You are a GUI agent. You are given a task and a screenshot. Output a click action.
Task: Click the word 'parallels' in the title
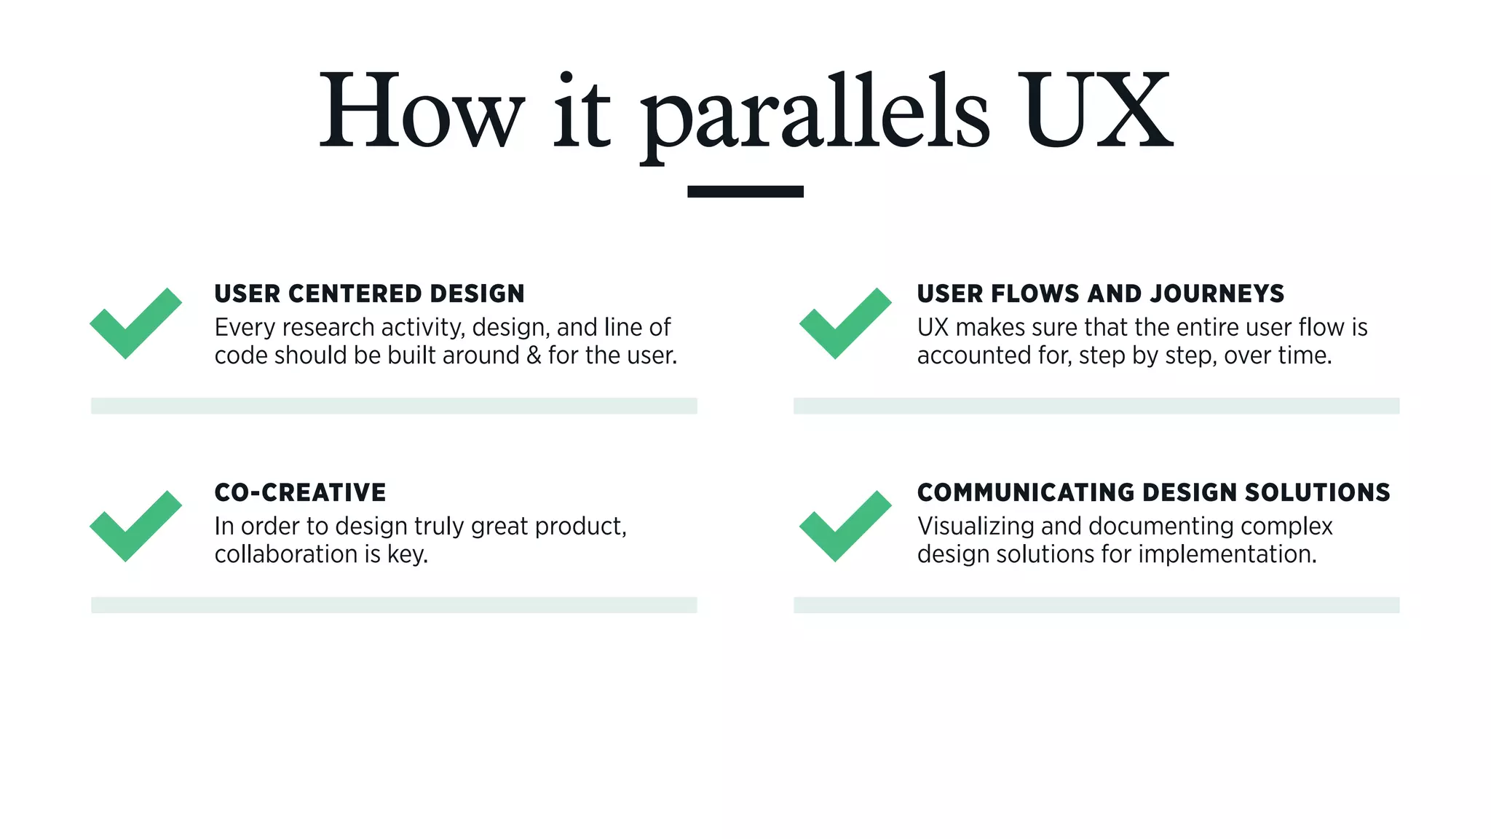[814, 113]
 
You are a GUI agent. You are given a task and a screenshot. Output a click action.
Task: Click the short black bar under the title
[745, 192]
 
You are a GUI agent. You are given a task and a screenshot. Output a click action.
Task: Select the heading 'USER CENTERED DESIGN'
[369, 294]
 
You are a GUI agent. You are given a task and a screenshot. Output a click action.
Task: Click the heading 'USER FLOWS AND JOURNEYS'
[1100, 294]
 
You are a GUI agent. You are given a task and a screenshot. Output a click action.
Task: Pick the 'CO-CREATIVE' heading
[300, 492]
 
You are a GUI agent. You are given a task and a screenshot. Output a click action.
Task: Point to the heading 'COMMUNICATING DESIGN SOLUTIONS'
[1153, 492]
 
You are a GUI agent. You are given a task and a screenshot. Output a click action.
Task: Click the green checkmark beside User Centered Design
[135, 323]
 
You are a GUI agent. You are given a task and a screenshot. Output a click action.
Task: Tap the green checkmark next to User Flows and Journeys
[845, 323]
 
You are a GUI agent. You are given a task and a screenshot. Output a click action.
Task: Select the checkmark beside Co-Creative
[135, 526]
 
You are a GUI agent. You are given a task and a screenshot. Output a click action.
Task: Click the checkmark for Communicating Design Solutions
[845, 526]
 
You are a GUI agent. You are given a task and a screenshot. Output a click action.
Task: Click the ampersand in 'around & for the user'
[534, 355]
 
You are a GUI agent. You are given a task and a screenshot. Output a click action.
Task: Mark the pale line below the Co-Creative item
[394, 604]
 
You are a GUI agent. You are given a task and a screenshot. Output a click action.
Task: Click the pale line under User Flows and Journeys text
[1096, 406]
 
